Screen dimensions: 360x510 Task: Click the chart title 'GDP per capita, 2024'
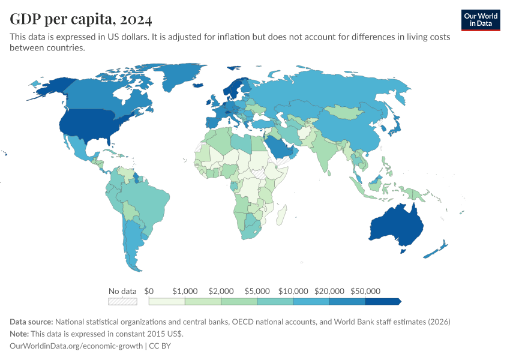click(x=81, y=19)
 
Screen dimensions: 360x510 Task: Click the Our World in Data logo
click(x=481, y=20)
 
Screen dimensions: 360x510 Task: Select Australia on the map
click(x=396, y=225)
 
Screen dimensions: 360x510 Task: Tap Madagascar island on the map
click(x=281, y=215)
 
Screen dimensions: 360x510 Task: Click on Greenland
click(x=183, y=78)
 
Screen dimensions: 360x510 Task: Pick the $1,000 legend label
click(x=184, y=291)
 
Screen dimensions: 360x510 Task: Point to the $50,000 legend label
click(x=365, y=291)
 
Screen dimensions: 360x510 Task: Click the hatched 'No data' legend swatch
click(x=122, y=301)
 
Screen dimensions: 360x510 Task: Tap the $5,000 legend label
click(x=257, y=291)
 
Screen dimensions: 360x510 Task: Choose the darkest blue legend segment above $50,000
click(x=382, y=301)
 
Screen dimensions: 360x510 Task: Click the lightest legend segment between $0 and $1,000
click(x=167, y=301)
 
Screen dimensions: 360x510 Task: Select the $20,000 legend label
click(x=329, y=291)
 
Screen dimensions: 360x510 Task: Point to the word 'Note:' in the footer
click(x=21, y=334)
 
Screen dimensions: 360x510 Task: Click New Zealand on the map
click(x=437, y=250)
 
